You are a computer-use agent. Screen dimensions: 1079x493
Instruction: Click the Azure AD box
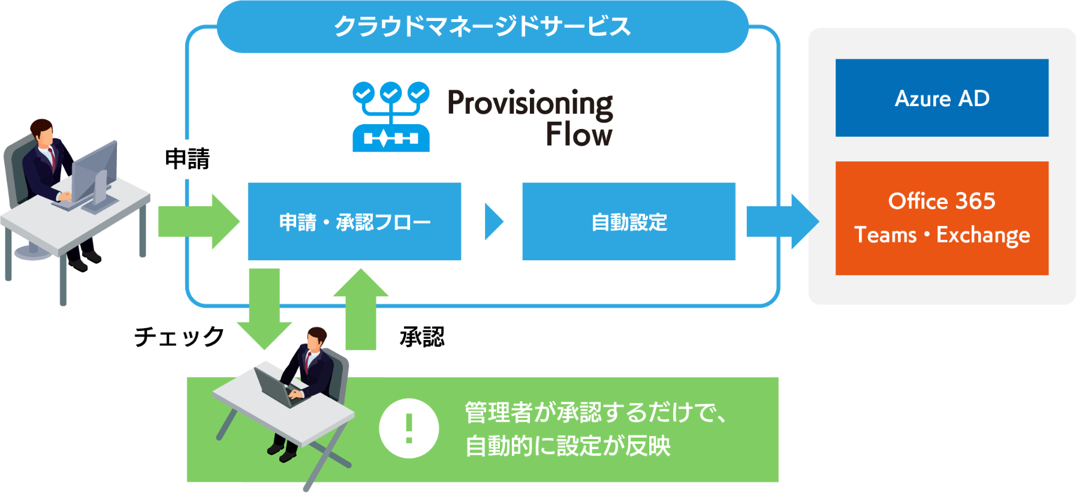[x=942, y=98]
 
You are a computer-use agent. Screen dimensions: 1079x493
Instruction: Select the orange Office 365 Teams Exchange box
[x=942, y=218]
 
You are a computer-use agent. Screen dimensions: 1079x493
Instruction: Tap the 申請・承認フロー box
[x=354, y=221]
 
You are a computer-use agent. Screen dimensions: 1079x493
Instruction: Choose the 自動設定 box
[x=629, y=221]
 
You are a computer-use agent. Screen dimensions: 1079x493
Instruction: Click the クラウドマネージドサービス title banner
[x=483, y=26]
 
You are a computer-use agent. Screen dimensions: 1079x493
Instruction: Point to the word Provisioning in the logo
[x=531, y=104]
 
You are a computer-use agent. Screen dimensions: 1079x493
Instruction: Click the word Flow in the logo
[x=579, y=134]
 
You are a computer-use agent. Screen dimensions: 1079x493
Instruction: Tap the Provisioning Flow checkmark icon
[x=391, y=117]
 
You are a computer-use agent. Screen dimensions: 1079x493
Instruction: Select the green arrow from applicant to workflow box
[x=199, y=221]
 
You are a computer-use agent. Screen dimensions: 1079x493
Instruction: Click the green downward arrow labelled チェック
[x=264, y=309]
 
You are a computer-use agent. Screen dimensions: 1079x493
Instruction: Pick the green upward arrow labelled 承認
[x=361, y=309]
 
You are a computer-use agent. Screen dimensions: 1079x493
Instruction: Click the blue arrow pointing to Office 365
[x=783, y=221]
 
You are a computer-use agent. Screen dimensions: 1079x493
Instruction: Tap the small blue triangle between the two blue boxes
[x=493, y=222]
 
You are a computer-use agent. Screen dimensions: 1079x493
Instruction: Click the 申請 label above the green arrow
[x=188, y=159]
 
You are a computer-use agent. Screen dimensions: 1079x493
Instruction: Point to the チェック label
[x=179, y=336]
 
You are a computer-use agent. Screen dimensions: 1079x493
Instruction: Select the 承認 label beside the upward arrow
[x=422, y=337]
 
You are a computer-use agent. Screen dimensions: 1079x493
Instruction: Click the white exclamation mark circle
[x=409, y=428]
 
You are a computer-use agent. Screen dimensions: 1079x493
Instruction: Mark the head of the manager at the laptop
[x=316, y=339]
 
